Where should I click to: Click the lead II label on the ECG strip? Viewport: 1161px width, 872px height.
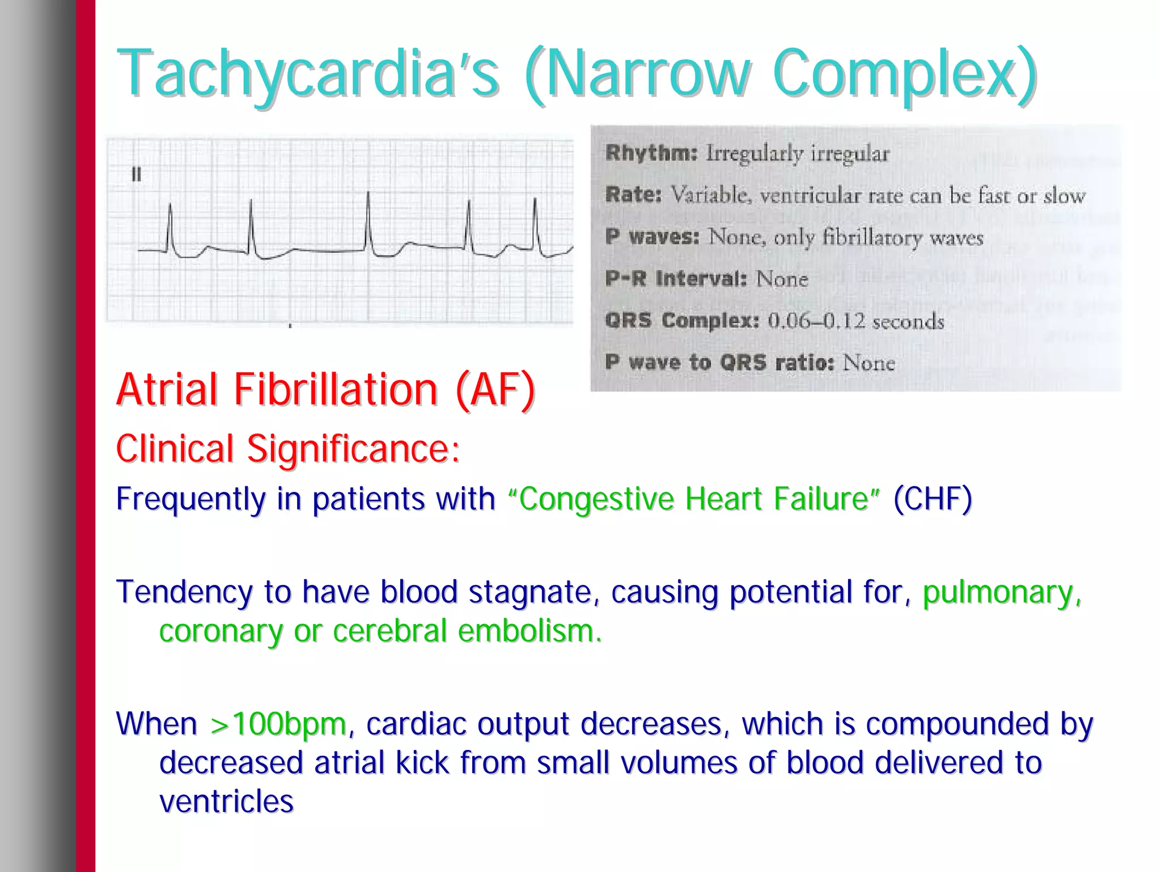(x=136, y=174)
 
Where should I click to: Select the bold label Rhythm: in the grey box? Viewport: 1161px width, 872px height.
(x=651, y=153)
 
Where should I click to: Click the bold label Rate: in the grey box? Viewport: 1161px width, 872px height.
(x=633, y=195)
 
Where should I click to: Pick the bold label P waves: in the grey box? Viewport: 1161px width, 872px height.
(x=652, y=237)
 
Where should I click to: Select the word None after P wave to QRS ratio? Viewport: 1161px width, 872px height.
(x=868, y=363)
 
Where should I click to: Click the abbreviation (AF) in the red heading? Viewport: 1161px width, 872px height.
(x=495, y=390)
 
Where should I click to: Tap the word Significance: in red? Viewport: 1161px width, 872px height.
(x=353, y=449)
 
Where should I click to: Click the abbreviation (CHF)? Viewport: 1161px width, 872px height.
(x=933, y=499)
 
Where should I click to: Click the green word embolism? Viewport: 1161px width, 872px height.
(x=529, y=631)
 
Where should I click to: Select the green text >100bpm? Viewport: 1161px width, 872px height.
(x=278, y=724)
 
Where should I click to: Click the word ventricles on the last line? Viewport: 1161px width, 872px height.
(x=226, y=801)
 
